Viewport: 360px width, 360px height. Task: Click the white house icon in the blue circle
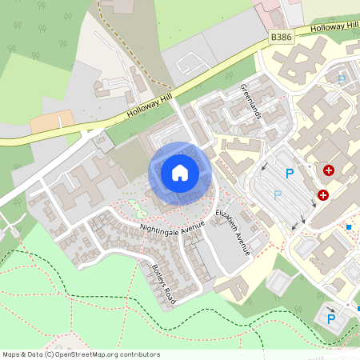click(180, 172)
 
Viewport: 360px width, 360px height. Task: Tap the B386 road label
click(281, 37)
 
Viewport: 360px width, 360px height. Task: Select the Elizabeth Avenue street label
click(234, 232)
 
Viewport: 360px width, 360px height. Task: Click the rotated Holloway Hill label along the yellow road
click(152, 103)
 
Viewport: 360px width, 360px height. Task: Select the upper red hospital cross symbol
click(329, 170)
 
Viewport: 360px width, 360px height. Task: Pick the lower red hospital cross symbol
click(323, 194)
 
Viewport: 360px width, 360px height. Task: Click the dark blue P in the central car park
click(290, 174)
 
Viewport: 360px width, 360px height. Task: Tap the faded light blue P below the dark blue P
click(278, 194)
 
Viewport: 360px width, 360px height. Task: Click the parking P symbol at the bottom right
click(331, 319)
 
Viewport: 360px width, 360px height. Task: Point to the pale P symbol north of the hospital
click(342, 79)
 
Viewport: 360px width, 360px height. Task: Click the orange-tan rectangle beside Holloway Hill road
click(52, 122)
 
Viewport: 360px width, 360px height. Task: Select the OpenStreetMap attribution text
click(81, 354)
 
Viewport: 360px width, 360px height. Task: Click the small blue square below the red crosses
click(349, 227)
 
